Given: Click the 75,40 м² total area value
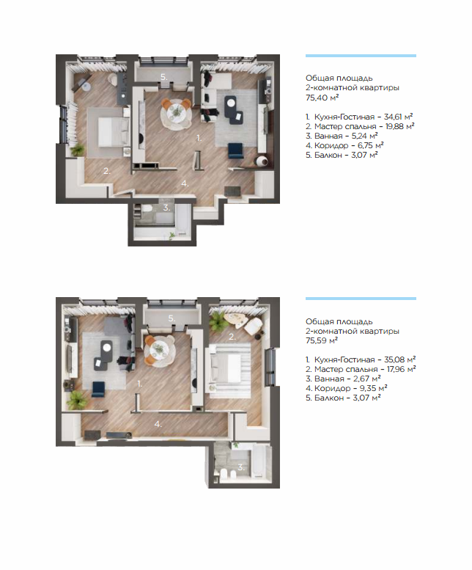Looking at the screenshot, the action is point(322,98).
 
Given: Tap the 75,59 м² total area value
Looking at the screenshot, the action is point(322,340).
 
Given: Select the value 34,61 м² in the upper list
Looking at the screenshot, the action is point(398,117).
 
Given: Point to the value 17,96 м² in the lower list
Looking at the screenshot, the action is point(401,369).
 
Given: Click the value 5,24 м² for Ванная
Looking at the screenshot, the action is point(364,136).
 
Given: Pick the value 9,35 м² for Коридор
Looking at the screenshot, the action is point(373,388).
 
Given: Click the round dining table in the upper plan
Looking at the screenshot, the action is point(176,112).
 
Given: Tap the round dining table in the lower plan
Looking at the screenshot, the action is point(159,349).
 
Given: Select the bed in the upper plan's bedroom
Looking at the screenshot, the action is point(114,132).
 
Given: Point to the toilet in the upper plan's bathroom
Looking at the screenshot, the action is point(147,210).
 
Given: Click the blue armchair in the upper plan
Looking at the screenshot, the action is point(236,151).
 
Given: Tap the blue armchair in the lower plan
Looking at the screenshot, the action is point(98,390).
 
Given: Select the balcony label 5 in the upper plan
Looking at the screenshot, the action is point(164,77).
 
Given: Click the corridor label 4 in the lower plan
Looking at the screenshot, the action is point(158,424).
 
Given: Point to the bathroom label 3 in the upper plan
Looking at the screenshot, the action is point(166,208).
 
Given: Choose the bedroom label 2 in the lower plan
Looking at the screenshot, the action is point(232,337).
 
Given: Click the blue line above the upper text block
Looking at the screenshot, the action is point(361,56).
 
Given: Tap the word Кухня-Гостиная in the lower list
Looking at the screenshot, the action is point(344,359).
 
